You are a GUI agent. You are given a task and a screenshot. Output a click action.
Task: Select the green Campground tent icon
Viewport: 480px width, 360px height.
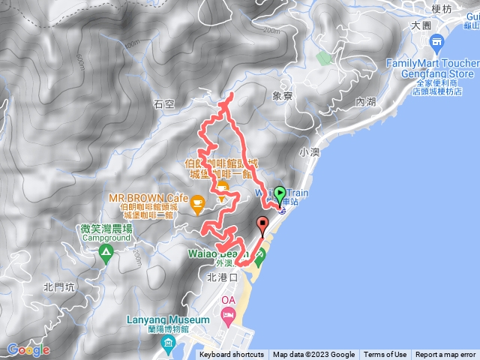pos(106,256)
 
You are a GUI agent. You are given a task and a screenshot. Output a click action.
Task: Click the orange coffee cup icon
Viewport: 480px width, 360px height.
pos(197,202)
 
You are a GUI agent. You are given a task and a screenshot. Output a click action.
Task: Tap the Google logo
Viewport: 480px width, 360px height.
pos(28,349)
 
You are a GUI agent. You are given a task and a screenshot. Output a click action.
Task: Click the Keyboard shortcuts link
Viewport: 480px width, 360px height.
pos(232,355)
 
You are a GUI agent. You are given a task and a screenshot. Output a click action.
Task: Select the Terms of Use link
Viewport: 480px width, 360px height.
pos(385,355)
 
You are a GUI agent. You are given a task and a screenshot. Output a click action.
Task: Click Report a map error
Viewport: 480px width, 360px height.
pos(445,355)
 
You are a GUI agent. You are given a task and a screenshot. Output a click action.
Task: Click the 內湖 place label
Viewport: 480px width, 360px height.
pos(365,100)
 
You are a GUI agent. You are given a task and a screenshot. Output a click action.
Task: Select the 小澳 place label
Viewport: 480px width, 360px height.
pos(309,151)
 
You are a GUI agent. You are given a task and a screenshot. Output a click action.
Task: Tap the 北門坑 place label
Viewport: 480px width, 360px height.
pos(58,286)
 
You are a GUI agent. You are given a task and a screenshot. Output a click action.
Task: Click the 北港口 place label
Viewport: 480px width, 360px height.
pos(221,277)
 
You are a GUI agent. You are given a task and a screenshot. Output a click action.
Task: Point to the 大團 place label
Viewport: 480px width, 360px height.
pos(421,25)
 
